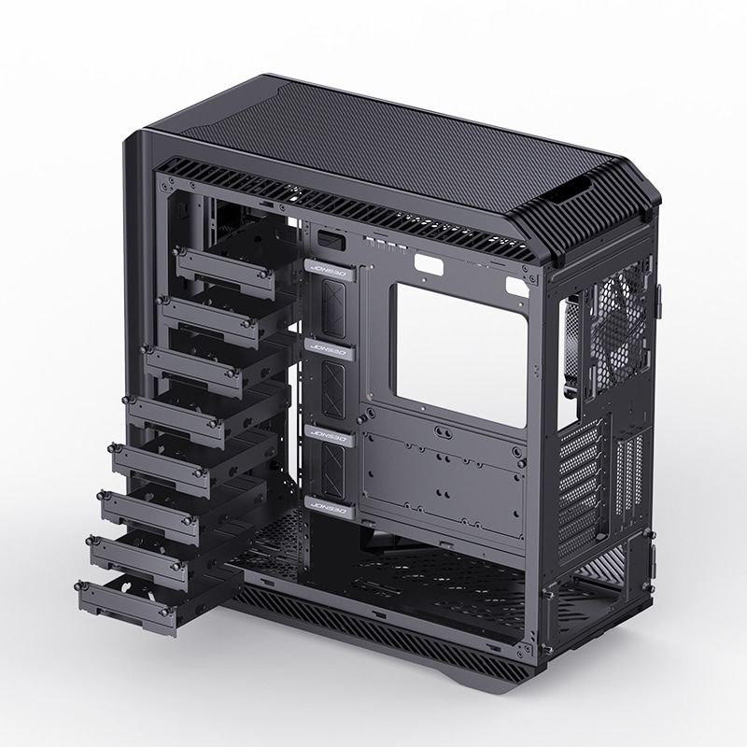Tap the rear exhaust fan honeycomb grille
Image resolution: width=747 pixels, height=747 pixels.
coord(616,313)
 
